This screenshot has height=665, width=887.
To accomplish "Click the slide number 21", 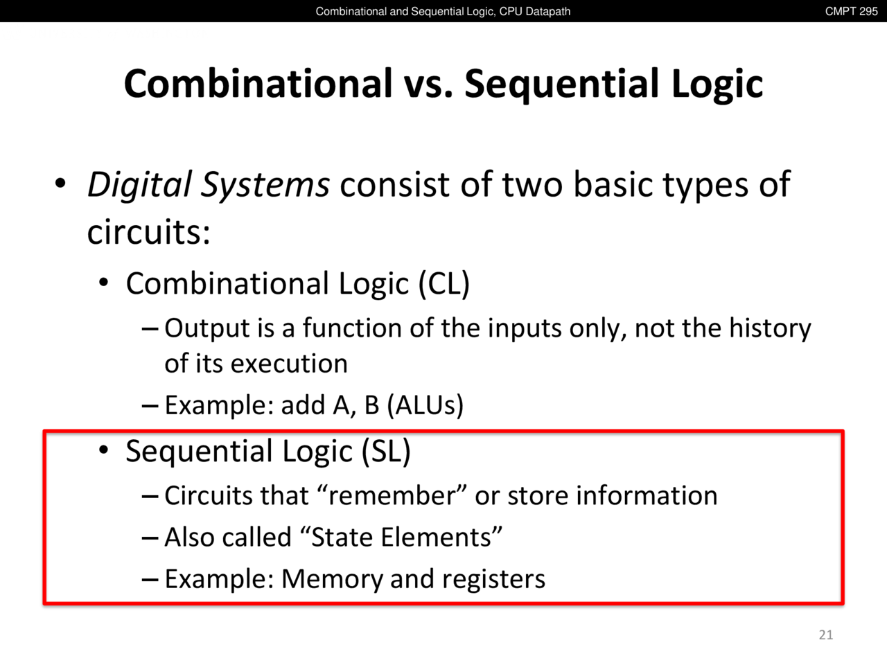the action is coord(825,635).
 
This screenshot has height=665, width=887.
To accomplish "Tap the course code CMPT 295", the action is coord(851,11).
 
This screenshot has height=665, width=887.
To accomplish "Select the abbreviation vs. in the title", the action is coord(428,84).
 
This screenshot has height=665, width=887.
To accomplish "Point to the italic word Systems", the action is coord(265,185).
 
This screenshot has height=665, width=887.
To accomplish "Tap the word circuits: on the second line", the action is coord(149,232).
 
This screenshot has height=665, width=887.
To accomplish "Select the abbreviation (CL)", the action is coord(443,284).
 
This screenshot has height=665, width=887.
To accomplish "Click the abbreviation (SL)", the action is coord(386,451).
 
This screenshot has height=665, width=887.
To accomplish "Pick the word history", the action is coord(770,328).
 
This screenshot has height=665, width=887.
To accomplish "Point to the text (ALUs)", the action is coord(425,405).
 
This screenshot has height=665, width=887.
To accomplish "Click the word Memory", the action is coord(331,579).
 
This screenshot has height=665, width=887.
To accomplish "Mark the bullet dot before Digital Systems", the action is coord(60,184).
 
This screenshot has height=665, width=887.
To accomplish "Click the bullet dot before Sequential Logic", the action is coord(104,450).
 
